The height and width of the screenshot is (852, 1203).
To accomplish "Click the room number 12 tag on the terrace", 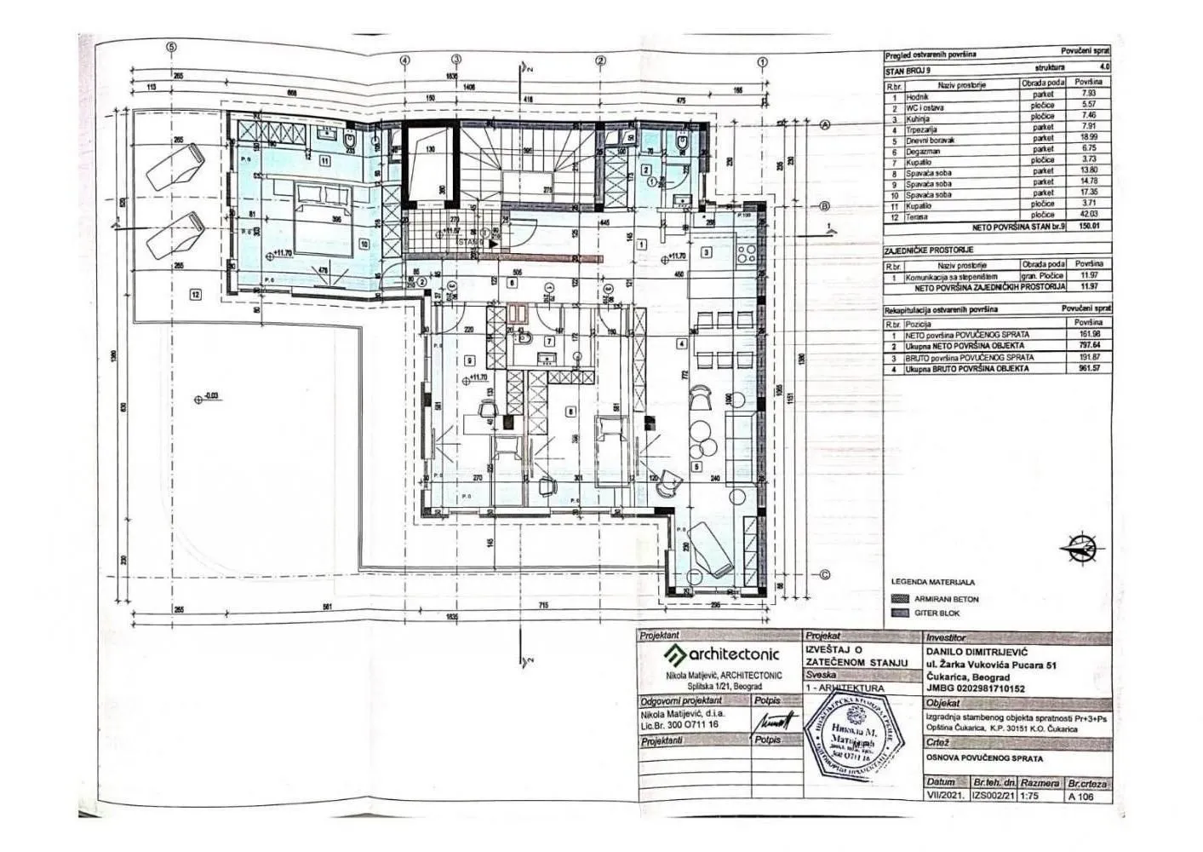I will pos(195,295).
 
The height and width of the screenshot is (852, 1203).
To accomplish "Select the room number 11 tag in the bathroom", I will pos(324,160).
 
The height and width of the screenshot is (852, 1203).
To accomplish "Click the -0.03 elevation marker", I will pos(209,396).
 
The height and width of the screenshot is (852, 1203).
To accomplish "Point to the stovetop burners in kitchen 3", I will pos(746,253).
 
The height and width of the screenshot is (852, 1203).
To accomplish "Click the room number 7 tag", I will pos(549,343).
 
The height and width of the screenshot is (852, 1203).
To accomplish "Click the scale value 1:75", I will pos(1032,797).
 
